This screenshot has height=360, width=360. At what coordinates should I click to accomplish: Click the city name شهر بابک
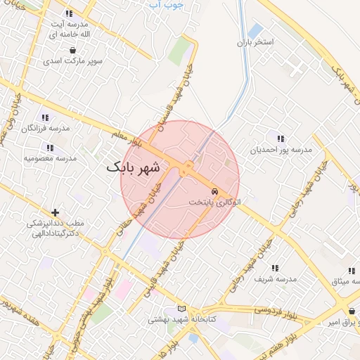(x=134, y=168)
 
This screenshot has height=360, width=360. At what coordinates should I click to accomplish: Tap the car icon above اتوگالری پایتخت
(x=214, y=191)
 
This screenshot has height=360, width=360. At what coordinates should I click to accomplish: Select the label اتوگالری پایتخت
(x=214, y=202)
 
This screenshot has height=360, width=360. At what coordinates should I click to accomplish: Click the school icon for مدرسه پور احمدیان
(x=281, y=139)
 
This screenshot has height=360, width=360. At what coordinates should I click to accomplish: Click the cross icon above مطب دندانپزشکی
(x=55, y=212)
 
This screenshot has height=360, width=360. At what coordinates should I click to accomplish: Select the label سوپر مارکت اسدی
(x=73, y=61)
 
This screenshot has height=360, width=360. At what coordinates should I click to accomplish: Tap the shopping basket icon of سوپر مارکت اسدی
(x=73, y=50)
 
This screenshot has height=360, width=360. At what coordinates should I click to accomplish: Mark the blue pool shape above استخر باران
(x=255, y=30)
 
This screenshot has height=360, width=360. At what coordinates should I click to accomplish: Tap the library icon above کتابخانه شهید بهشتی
(x=183, y=308)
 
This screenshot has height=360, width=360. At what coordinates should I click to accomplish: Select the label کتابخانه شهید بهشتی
(x=181, y=319)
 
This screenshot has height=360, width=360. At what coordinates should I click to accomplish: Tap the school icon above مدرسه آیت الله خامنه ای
(x=68, y=13)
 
